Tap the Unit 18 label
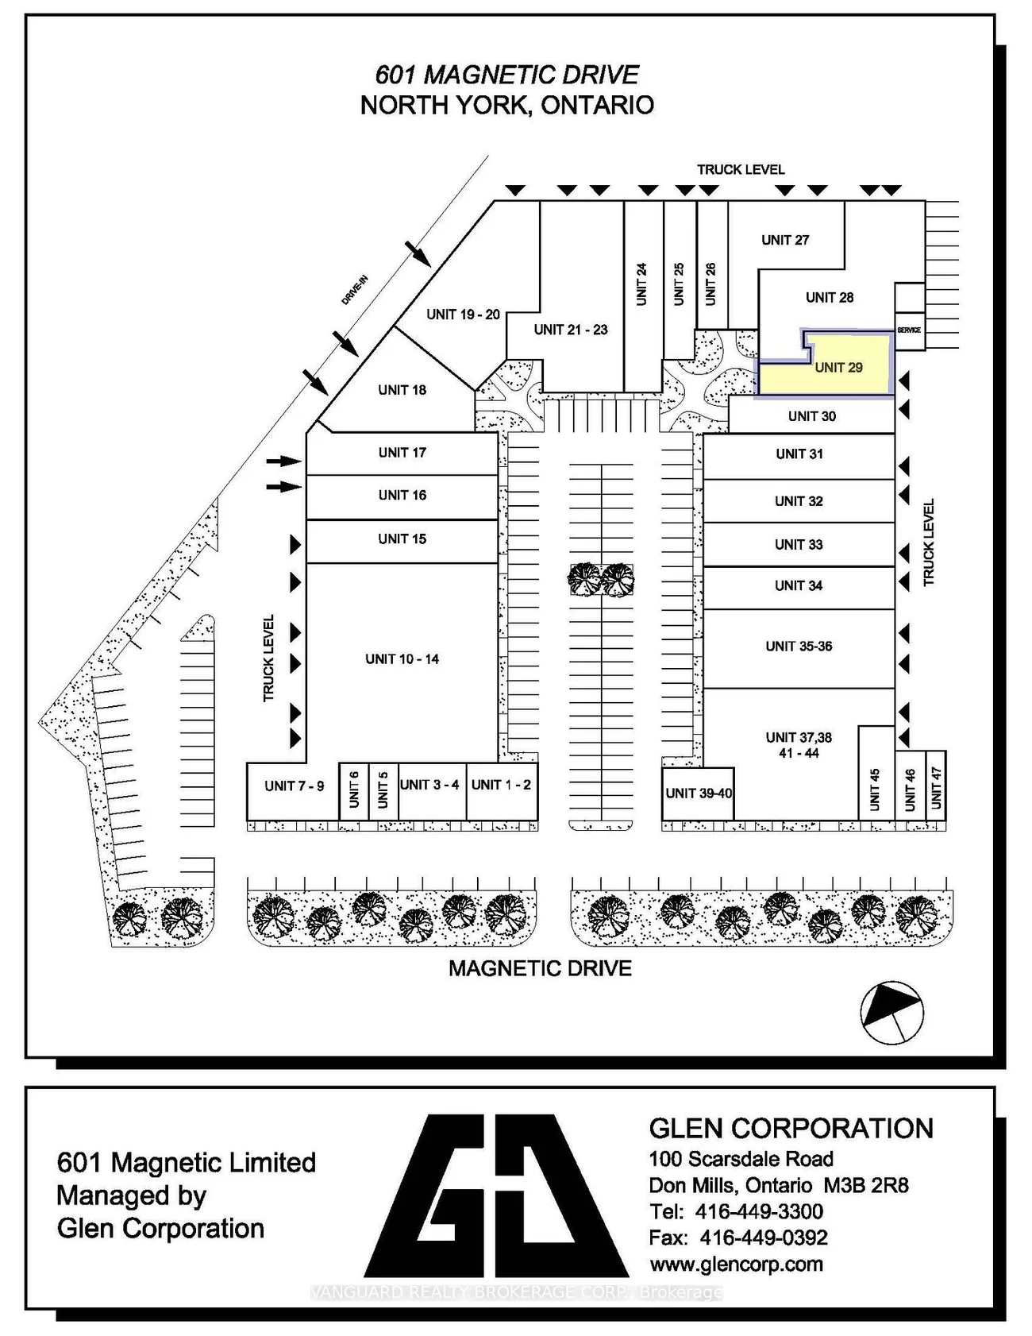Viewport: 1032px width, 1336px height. [402, 390]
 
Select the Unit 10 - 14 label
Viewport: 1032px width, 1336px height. [402, 658]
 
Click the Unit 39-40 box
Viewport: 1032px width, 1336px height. [698, 793]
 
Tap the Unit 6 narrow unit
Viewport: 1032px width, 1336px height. [354, 791]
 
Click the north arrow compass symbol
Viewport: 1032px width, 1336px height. [892, 1013]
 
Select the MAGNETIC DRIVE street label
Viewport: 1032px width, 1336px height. [541, 968]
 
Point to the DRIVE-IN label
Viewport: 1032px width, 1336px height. [355, 290]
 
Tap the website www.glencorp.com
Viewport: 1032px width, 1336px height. [736, 1264]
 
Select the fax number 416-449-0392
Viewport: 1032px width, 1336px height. [764, 1238]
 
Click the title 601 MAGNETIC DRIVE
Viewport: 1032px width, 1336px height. [507, 75]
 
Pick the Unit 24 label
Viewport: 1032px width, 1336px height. [641, 284]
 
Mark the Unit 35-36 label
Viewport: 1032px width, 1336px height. [799, 647]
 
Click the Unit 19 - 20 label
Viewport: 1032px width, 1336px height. [463, 315]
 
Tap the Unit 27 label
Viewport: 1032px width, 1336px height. [785, 240]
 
